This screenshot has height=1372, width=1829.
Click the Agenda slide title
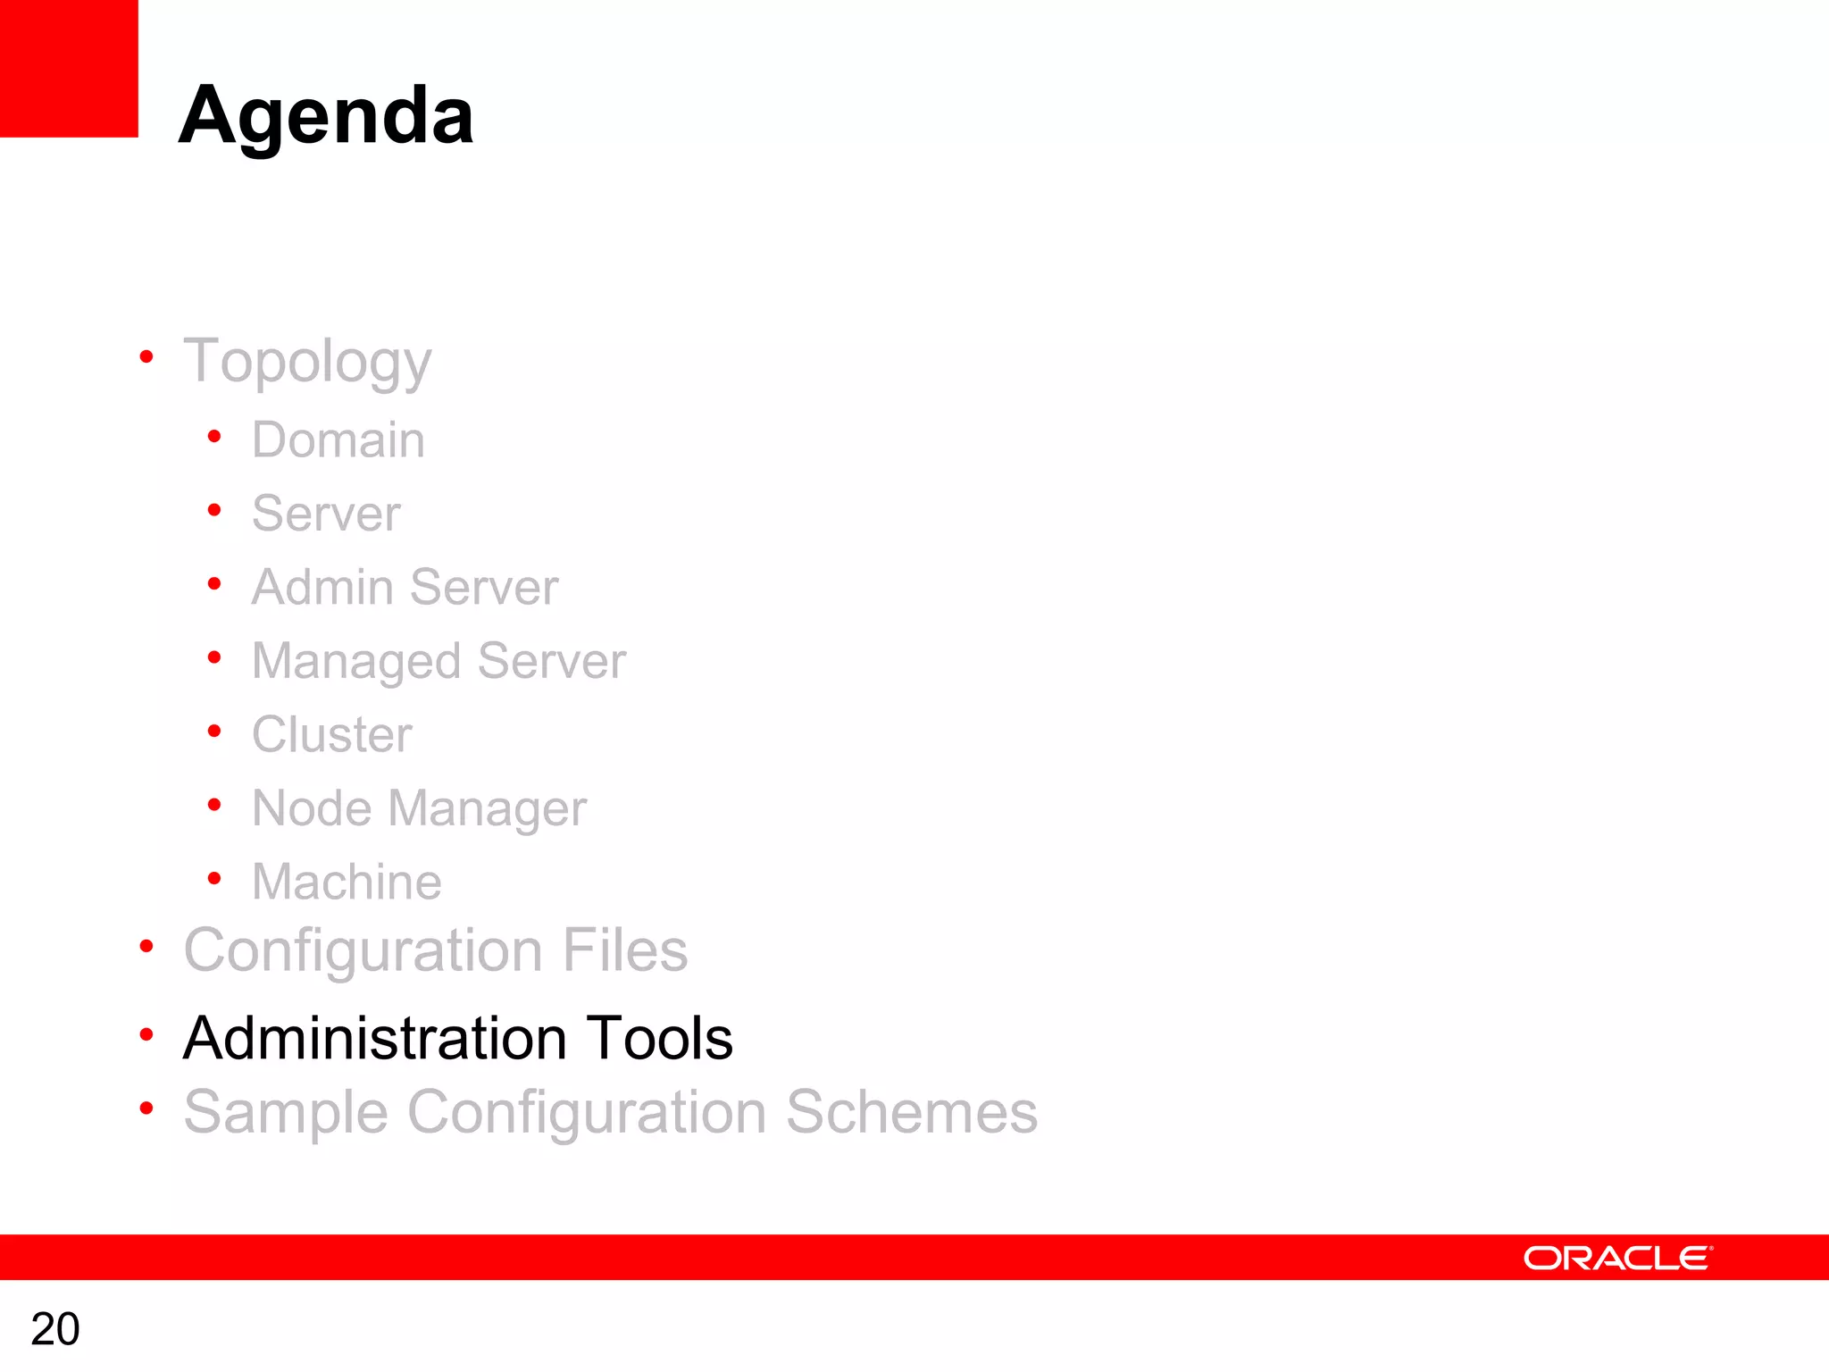click(x=326, y=116)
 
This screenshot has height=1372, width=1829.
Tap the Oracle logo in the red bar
click(x=1617, y=1258)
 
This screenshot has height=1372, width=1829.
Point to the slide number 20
click(x=55, y=1329)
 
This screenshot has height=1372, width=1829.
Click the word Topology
click(x=307, y=362)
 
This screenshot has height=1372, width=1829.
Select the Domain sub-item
click(x=338, y=439)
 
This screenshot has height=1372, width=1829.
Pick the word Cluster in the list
click(x=331, y=734)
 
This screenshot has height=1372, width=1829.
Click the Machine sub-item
click(x=347, y=882)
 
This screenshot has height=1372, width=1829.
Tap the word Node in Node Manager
click(x=312, y=808)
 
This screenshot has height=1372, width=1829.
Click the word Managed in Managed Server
click(x=356, y=661)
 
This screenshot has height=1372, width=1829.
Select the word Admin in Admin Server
click(x=322, y=587)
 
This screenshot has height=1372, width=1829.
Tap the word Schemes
click(x=911, y=1112)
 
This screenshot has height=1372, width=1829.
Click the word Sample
click(x=286, y=1112)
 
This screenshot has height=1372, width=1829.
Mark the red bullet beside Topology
click(x=146, y=358)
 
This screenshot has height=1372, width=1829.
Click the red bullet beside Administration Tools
click(x=146, y=1035)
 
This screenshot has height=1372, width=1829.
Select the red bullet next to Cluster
click(x=214, y=732)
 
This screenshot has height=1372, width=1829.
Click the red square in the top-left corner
click(x=69, y=68)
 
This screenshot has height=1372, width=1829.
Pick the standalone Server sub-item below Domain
click(x=326, y=514)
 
